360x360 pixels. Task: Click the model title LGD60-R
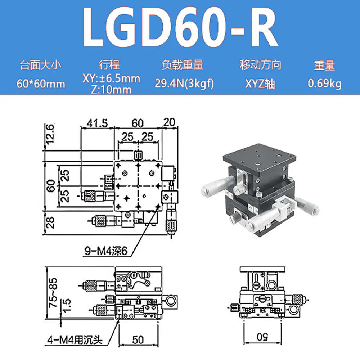point(180,27)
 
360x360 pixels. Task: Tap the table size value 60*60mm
point(41,84)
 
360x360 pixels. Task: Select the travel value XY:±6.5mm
point(111,79)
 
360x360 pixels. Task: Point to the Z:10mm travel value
point(111,90)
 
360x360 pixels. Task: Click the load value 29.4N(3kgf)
point(184,84)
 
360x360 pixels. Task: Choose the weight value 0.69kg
point(325,84)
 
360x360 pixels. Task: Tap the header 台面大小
point(41,65)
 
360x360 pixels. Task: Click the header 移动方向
point(261,64)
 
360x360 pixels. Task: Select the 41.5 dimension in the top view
point(97,123)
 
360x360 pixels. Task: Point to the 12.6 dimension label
point(50,134)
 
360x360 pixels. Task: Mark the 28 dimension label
point(50,223)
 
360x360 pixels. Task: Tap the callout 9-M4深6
point(106,251)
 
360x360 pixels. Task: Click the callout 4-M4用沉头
point(75,340)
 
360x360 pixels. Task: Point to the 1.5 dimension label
point(66,306)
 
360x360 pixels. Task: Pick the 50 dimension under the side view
point(138,340)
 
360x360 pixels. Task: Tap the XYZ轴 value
point(260,84)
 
